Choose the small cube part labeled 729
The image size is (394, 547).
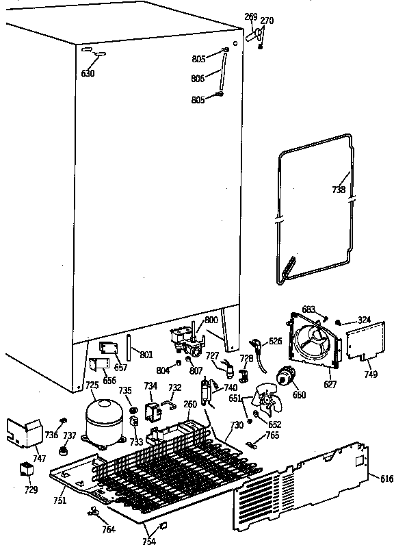coord(27,471)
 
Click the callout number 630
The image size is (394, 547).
coord(88,73)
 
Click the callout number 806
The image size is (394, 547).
coord(198,79)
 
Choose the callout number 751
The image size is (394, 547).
coord(60,501)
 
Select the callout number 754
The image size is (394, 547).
coord(148,542)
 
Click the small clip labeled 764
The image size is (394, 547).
coord(92,511)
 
